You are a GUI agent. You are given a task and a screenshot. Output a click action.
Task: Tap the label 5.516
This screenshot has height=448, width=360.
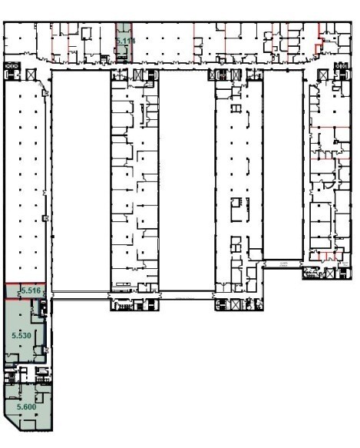[x=30, y=290]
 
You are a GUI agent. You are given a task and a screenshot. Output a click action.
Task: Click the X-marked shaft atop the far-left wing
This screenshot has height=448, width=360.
[x=31, y=74]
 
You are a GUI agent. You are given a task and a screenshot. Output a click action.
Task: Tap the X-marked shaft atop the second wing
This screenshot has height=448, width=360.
[x=138, y=74]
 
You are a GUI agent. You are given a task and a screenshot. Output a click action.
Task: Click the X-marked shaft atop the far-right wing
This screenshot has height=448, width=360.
[x=323, y=74]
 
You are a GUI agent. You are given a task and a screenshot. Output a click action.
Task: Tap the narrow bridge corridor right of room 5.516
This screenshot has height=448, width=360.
[x=81, y=293]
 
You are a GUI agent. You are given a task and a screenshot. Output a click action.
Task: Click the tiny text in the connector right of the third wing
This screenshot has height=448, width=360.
[x=285, y=263]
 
